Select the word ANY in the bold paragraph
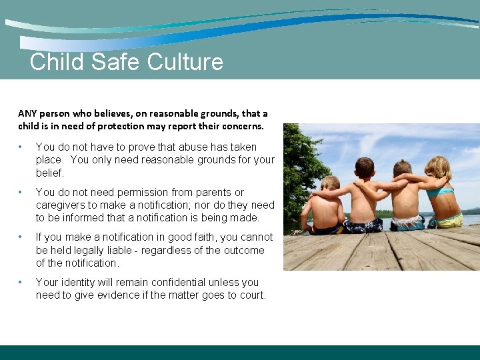click(27, 114)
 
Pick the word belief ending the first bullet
click(49, 173)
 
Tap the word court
click(249, 295)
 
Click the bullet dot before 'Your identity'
click(22, 283)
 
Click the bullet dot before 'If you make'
click(22, 237)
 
